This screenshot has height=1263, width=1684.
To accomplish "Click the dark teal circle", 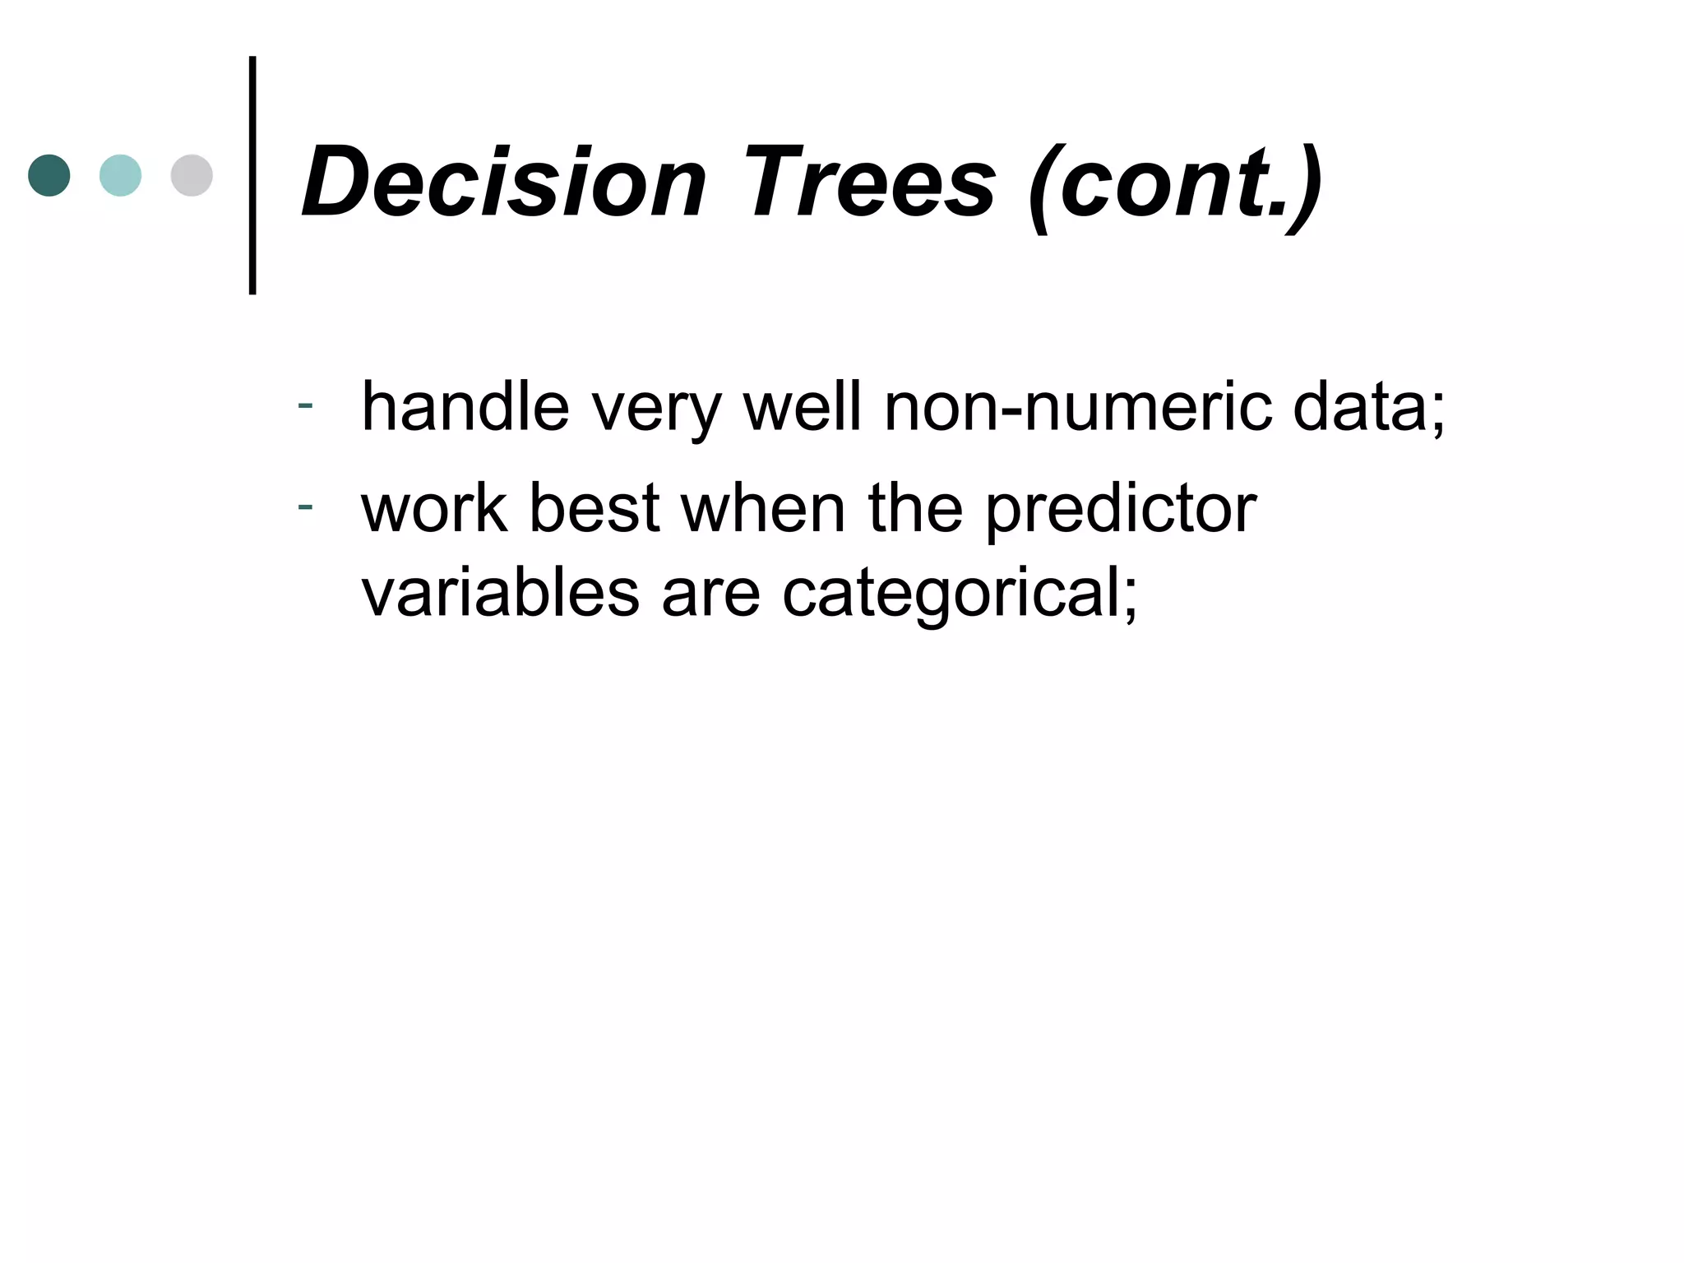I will click(49, 175).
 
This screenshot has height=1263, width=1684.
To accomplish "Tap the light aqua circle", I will click(120, 175).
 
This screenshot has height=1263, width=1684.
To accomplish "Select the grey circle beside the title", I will click(192, 175).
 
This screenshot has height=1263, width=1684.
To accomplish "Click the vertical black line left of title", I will click(252, 175).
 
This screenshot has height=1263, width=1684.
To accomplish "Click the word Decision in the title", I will click(504, 183).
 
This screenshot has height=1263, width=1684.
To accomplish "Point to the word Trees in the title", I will click(869, 183).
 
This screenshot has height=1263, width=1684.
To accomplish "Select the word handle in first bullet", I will click(465, 406).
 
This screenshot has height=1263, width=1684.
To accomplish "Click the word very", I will click(656, 411).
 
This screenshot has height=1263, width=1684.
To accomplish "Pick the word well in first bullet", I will click(803, 406).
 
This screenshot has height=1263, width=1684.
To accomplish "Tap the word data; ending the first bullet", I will click(1368, 408).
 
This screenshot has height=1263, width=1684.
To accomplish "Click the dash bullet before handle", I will click(305, 405).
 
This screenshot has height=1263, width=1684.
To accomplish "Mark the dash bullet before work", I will click(305, 506).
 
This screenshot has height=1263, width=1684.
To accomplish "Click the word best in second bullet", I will click(594, 507).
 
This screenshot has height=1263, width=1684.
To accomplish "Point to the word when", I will click(763, 507).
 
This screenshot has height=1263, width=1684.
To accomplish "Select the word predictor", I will click(1121, 511).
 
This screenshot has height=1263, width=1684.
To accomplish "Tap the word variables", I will click(500, 593).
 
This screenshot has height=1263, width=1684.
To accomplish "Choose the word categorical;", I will click(960, 596).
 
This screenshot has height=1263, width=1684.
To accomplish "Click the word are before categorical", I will click(710, 595).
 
